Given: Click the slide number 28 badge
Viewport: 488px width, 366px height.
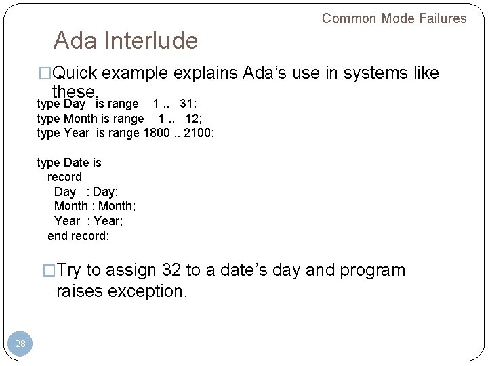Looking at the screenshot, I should coord(20,344).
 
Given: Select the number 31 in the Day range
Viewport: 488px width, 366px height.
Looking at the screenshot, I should coord(188,104).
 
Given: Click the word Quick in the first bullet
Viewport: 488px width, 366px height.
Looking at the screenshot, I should coord(77,73).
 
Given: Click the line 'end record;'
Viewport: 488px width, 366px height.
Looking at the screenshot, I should coord(79,236).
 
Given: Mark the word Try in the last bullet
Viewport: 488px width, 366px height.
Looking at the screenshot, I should coord(69,270).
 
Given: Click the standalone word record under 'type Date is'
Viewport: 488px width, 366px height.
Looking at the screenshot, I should coord(64,177).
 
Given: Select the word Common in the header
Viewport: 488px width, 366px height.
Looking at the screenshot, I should coord(350,18).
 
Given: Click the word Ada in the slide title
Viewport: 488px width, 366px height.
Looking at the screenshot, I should coord(75,41).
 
